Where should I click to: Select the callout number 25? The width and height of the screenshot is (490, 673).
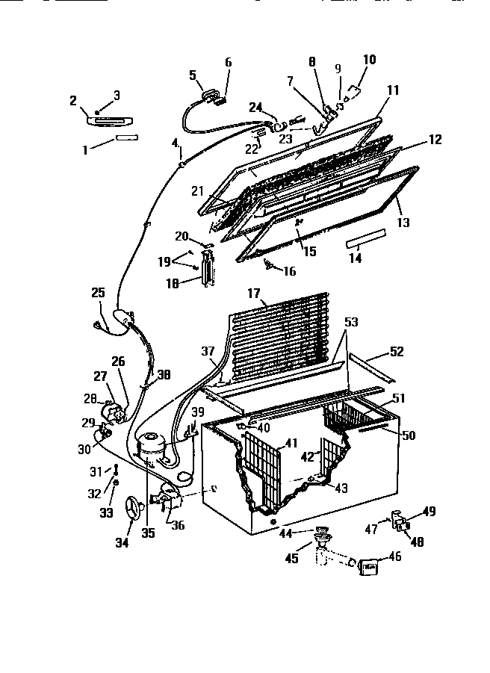[99, 294]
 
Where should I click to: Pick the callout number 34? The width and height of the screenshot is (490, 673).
[122, 542]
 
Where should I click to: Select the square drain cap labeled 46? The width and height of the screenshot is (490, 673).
[369, 568]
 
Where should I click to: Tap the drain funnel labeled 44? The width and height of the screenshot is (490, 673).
[323, 532]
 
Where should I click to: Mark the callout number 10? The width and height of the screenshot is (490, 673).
[370, 60]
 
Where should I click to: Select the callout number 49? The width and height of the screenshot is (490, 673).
[429, 511]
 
